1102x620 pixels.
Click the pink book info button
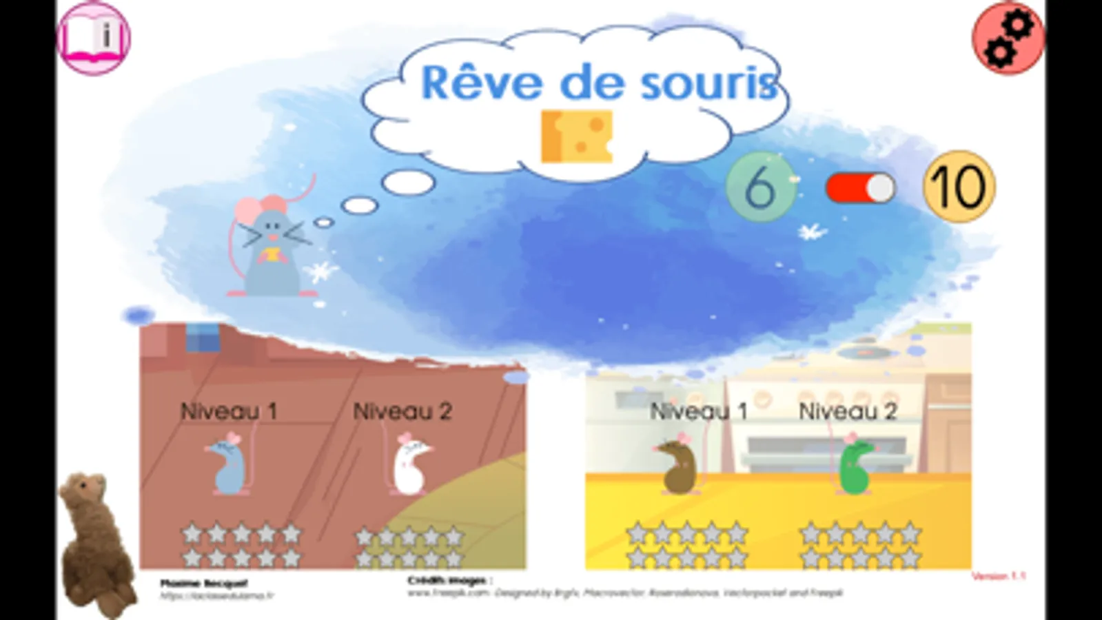click(x=94, y=37)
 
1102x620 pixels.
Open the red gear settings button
click(x=1008, y=39)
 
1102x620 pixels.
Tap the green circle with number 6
click(x=760, y=187)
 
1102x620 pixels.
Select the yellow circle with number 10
click(x=959, y=187)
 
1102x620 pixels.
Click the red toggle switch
click(x=860, y=188)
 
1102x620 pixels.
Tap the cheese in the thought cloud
click(x=576, y=136)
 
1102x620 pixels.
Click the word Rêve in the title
click(x=481, y=83)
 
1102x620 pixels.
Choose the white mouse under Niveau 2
click(x=409, y=464)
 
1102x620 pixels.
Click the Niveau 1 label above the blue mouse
click(x=228, y=411)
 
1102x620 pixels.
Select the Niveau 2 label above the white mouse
click(x=402, y=411)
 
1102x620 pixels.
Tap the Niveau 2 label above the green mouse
click(x=848, y=411)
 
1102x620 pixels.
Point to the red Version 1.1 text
click(x=998, y=576)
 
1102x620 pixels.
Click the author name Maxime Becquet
click(x=203, y=583)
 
